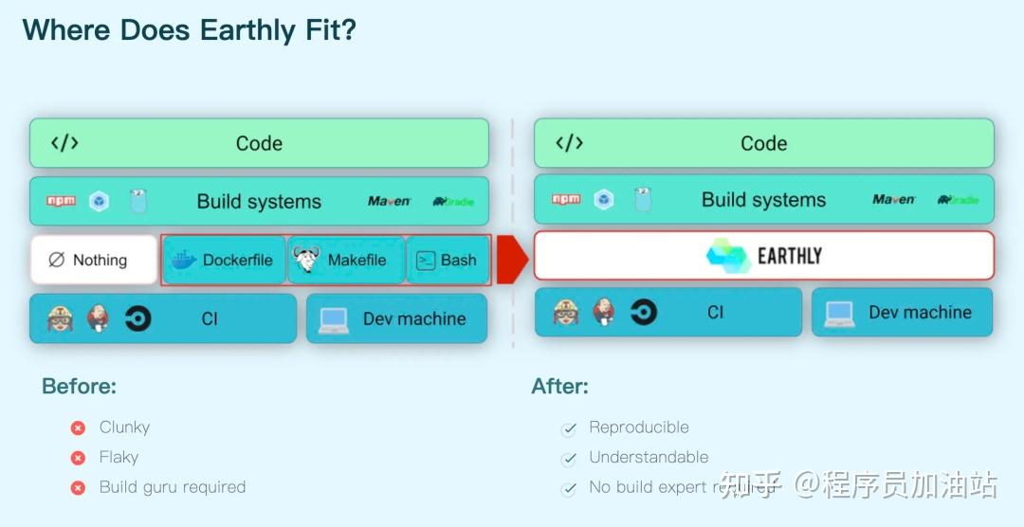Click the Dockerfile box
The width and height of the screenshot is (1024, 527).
224,261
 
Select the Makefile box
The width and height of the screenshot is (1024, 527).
346,261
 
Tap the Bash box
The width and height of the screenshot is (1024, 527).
448,261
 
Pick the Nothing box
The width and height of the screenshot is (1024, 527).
93,260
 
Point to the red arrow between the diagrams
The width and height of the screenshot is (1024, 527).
512,260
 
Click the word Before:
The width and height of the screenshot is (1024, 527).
79,387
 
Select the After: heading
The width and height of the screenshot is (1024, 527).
559,387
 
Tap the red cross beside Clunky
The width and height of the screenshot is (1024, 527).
79,428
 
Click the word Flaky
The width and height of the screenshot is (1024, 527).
119,457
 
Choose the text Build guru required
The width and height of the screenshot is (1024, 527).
173,487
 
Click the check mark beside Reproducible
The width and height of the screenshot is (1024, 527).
569,429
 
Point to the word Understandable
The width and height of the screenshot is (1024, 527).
649,457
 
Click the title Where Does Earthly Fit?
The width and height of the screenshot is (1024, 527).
190,30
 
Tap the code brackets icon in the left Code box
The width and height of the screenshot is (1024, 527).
64,143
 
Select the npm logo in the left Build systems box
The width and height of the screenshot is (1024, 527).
61,201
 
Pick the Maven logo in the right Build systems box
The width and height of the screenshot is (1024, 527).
894,200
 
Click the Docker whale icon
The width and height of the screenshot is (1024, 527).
184,261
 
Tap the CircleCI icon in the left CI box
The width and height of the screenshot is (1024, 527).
137,318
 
